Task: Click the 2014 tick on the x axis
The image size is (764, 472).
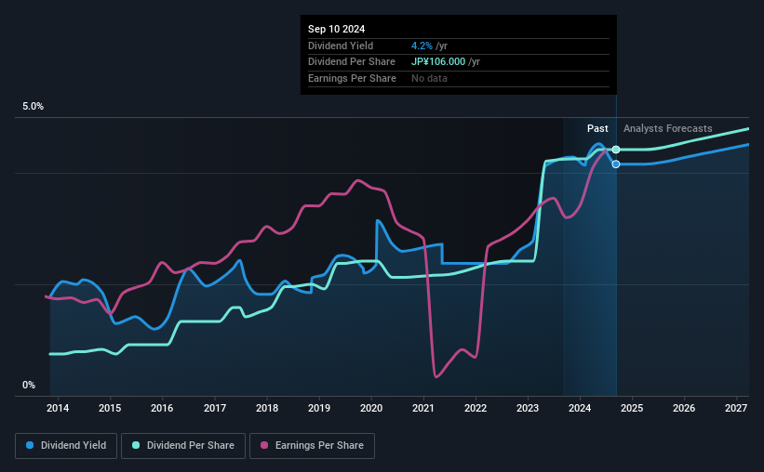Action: (x=58, y=408)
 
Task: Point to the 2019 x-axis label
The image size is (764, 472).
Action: (x=319, y=408)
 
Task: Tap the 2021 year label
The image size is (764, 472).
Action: (x=423, y=408)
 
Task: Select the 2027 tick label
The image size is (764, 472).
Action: (x=736, y=408)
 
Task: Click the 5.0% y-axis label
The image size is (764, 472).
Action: (x=33, y=107)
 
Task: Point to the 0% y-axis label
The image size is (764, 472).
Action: (x=29, y=385)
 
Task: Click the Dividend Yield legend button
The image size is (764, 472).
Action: (x=66, y=446)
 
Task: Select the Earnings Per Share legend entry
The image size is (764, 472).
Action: (x=312, y=446)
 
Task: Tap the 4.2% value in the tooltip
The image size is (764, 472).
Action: (x=421, y=46)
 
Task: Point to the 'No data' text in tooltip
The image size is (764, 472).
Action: (x=429, y=78)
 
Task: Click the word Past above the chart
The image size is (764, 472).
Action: (x=597, y=128)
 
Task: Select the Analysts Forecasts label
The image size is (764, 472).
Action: (x=667, y=128)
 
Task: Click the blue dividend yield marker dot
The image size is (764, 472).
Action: (x=616, y=164)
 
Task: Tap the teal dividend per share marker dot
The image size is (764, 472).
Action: (x=616, y=150)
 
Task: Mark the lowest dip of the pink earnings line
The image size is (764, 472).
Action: (x=436, y=375)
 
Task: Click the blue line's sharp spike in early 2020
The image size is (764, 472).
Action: (x=377, y=221)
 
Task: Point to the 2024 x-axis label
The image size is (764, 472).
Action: (x=580, y=408)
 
